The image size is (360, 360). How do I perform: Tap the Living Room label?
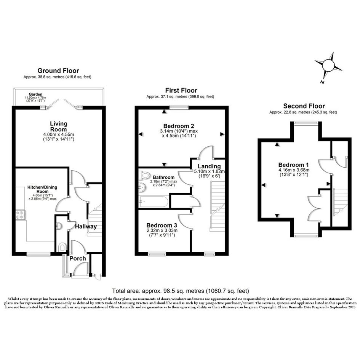(x=59, y=126)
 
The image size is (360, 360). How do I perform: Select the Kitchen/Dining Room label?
(x=42, y=189)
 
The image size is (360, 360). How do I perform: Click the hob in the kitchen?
(x=20, y=215)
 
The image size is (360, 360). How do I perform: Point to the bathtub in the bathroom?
(x=154, y=202)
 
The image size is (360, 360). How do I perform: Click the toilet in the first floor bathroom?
(x=144, y=175)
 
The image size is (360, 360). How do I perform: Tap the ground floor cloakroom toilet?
(x=62, y=247)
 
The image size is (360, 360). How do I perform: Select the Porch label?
(x=78, y=259)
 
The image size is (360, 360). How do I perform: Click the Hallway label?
(x=86, y=226)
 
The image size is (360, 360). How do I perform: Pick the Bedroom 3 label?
(x=162, y=225)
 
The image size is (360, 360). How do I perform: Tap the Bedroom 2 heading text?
(x=179, y=126)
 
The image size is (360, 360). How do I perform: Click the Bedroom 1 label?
(x=293, y=165)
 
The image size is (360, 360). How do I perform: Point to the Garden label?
(x=35, y=94)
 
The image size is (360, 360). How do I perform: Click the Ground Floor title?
(x=58, y=70)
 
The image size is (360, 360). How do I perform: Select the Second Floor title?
(x=304, y=106)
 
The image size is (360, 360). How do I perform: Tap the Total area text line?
(x=181, y=291)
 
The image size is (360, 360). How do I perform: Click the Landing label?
(x=209, y=166)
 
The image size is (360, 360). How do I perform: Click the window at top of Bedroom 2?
(x=179, y=107)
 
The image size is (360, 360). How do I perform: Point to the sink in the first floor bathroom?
(x=142, y=187)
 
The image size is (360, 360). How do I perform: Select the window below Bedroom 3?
(x=157, y=254)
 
